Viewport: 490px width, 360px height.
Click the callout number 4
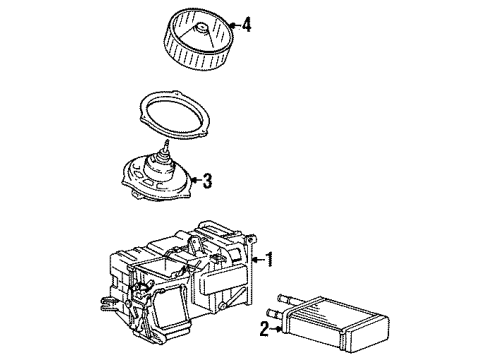tap(246, 24)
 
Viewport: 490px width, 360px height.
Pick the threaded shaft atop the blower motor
tap(161, 153)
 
